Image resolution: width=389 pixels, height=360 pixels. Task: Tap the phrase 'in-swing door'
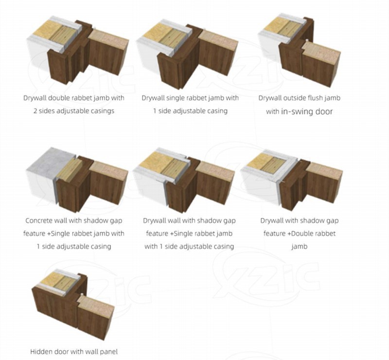pos(307,111)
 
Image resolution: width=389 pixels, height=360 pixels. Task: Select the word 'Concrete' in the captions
pos(39,220)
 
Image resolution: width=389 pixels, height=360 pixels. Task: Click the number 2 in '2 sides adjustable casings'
pos(35,111)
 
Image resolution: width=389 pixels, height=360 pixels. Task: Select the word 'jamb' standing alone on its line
pos(300,247)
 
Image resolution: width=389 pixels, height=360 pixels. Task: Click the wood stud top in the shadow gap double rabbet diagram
pos(273,164)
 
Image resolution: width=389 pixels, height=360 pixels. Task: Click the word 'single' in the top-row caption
pos(176,98)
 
